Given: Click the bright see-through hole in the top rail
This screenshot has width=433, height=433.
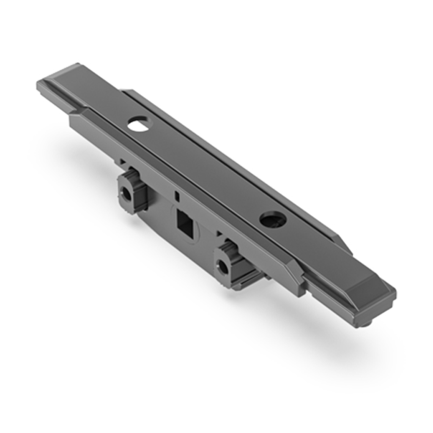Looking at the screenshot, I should [140, 124].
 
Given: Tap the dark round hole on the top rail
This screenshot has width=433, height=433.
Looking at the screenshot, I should [273, 219].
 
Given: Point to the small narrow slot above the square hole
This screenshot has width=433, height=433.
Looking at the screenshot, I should [177, 196].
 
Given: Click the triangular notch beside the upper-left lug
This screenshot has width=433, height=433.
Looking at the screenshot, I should [122, 161].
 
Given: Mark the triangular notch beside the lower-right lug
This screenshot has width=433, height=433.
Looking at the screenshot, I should [219, 233].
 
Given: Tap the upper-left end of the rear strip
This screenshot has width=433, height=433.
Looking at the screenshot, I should [127, 92].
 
